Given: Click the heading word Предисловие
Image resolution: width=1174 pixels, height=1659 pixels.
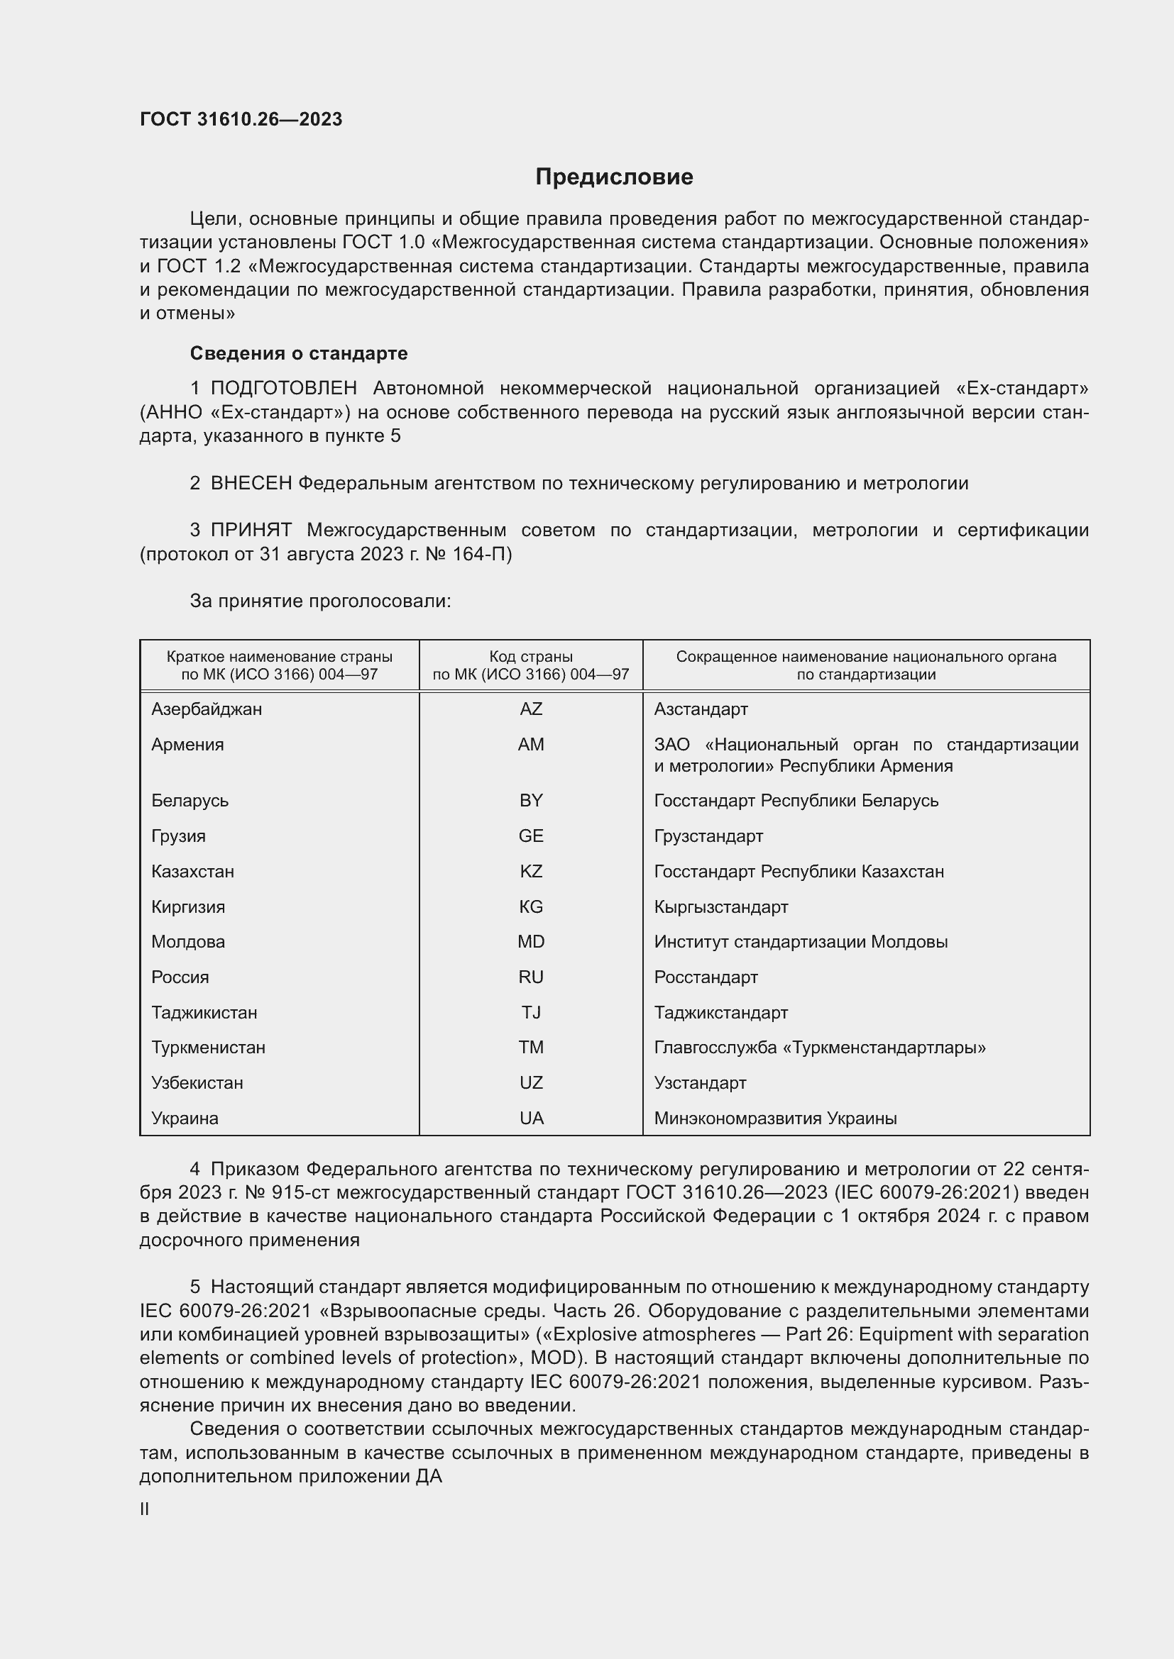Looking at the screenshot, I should click(614, 177).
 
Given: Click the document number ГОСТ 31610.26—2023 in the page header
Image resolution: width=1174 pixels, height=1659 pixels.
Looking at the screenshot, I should click(241, 119).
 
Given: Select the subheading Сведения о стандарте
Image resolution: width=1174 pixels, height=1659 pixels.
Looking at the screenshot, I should click(299, 353).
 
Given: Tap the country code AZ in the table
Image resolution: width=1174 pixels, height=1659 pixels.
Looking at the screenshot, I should click(531, 709).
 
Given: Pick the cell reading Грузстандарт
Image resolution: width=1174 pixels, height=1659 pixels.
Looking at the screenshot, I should click(708, 836).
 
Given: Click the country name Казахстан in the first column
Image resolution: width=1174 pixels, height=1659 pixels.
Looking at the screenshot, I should click(192, 872).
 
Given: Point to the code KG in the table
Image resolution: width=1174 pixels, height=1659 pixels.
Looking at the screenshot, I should click(531, 907).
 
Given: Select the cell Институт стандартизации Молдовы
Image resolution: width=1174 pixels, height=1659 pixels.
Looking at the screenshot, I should click(800, 941).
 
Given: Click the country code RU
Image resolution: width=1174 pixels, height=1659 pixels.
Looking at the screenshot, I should click(531, 977).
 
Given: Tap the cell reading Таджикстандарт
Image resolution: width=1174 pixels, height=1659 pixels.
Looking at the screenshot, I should click(720, 1012).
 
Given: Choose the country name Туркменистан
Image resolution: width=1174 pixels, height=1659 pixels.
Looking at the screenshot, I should click(208, 1048).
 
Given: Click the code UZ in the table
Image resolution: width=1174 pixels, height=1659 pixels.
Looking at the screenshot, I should click(531, 1083).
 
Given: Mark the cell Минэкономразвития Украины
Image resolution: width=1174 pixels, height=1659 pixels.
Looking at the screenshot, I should click(775, 1119).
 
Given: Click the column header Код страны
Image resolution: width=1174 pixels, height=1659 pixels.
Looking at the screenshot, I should click(531, 657).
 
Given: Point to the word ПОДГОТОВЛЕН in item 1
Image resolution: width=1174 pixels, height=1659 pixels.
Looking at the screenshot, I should click(283, 389).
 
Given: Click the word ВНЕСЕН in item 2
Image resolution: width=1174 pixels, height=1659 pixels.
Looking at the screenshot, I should click(251, 484).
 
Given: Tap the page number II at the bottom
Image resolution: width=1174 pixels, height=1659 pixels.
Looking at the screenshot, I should click(145, 1509).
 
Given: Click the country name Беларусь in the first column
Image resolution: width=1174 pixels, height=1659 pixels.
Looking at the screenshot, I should click(190, 801).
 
